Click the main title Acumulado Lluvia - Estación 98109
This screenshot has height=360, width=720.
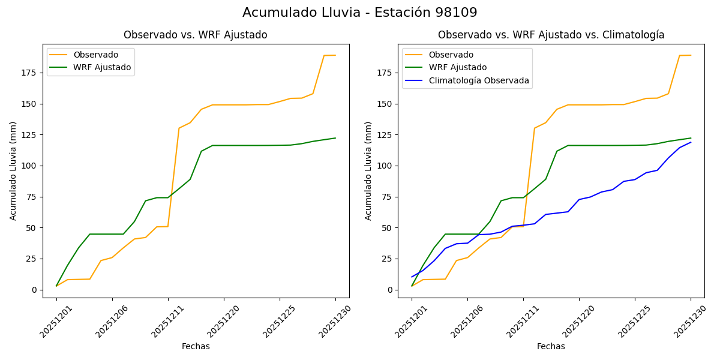tap(360, 13)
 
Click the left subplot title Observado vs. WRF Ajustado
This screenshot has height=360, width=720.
tap(195, 35)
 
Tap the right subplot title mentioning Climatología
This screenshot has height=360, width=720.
tap(551, 35)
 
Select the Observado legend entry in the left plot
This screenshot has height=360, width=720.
tap(96, 55)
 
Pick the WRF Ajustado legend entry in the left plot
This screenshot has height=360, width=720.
tap(102, 67)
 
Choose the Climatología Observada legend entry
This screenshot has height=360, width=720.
tap(479, 80)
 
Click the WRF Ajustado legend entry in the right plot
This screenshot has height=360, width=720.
tap(457, 67)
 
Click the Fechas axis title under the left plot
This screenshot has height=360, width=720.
tap(196, 347)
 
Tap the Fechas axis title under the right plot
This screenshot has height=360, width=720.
tap(551, 347)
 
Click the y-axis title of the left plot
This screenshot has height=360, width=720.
tap(13, 170)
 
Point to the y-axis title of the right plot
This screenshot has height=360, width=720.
tap(368, 170)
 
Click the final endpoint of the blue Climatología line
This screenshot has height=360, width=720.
tap(691, 142)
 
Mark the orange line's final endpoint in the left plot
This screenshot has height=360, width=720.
tap(335, 55)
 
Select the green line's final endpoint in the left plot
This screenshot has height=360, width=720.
tap(335, 138)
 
